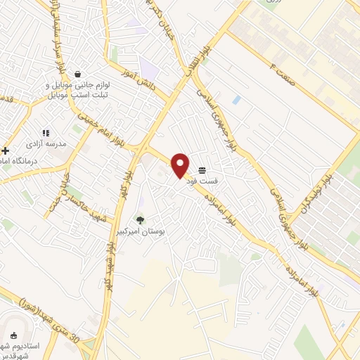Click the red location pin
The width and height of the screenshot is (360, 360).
[x=181, y=165]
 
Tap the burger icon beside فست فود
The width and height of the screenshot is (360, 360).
[x=202, y=171]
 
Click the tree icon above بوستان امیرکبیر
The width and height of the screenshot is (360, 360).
[x=140, y=220]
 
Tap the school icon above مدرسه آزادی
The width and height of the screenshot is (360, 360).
[x=46, y=132]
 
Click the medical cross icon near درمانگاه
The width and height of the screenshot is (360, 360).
[x=6, y=150]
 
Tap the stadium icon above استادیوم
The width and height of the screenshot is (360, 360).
[x=15, y=336]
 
